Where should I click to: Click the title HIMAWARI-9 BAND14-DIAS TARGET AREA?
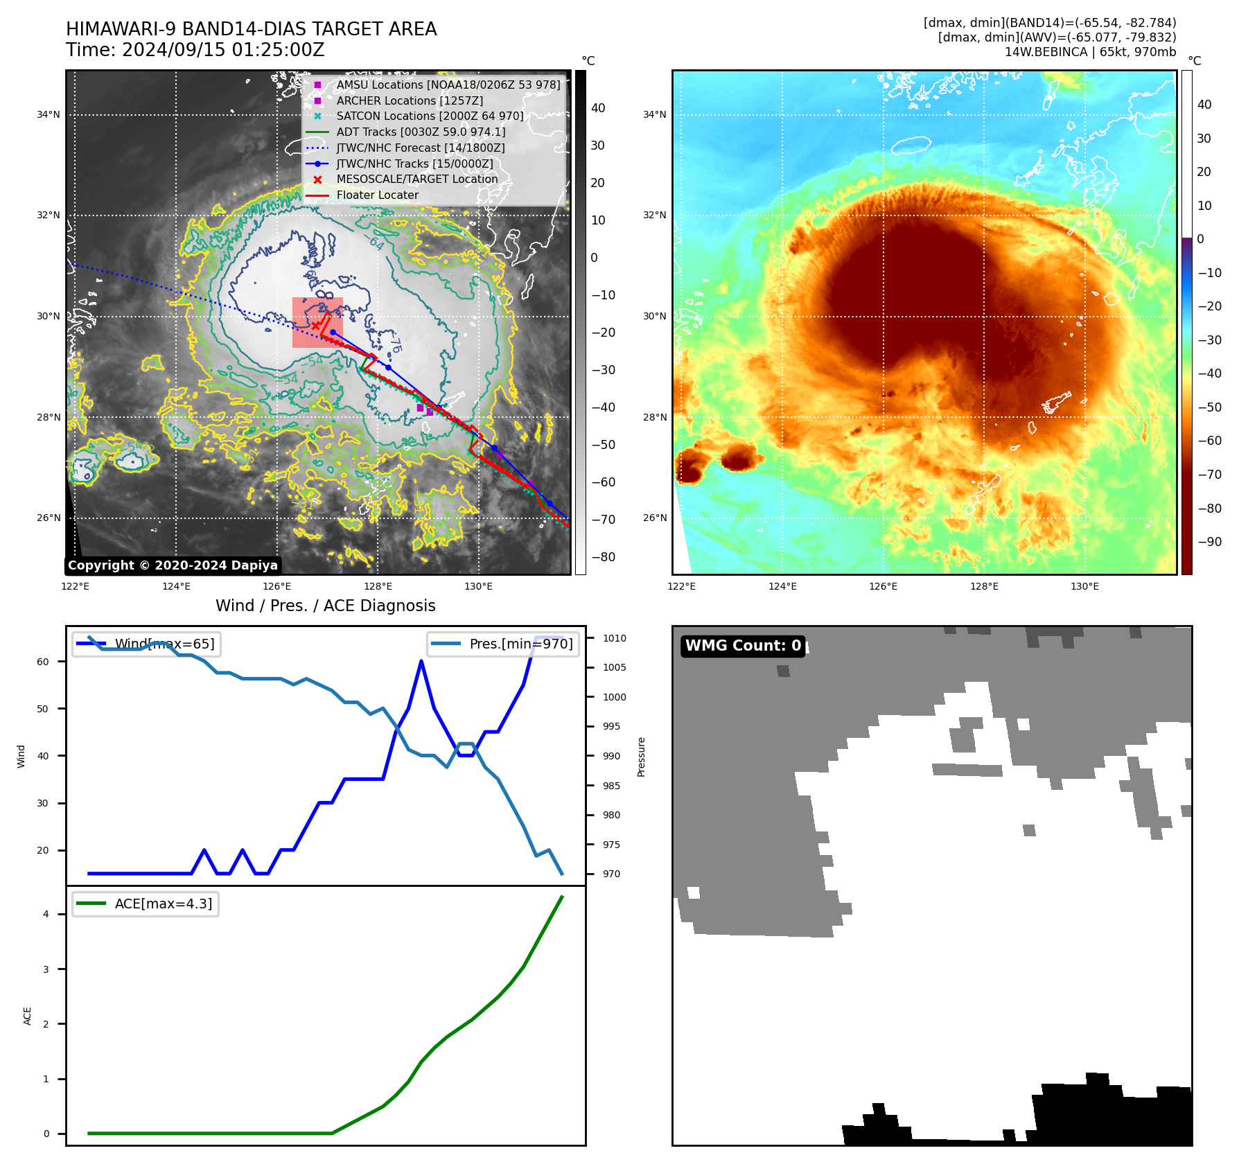click(x=251, y=29)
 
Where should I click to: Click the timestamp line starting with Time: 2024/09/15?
click(x=195, y=50)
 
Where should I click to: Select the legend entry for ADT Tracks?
click(x=421, y=132)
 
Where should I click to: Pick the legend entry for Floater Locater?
click(x=377, y=195)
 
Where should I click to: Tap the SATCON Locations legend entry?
click(x=430, y=116)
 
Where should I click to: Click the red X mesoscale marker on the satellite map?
click(x=315, y=325)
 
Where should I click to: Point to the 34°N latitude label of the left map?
click(x=49, y=114)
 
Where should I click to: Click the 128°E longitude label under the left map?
click(x=378, y=586)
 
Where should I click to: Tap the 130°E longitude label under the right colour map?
click(x=1084, y=586)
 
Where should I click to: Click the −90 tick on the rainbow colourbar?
click(x=1209, y=541)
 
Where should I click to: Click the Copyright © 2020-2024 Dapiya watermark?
click(x=173, y=565)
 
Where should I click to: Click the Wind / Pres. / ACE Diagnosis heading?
click(x=325, y=606)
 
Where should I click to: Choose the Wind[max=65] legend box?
click(x=146, y=644)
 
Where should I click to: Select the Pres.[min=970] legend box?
click(x=503, y=644)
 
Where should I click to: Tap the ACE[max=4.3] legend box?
click(x=146, y=904)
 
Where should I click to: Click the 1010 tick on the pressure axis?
click(x=614, y=638)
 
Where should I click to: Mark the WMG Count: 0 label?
click(x=743, y=646)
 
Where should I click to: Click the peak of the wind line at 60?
click(x=421, y=661)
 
